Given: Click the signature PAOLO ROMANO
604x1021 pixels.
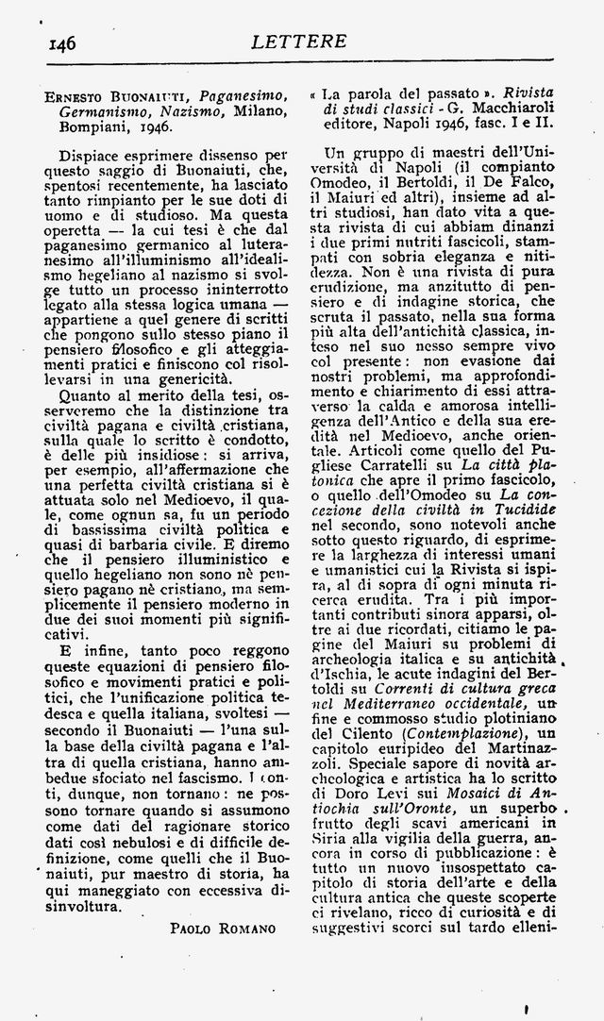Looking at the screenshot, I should coord(223,929).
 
